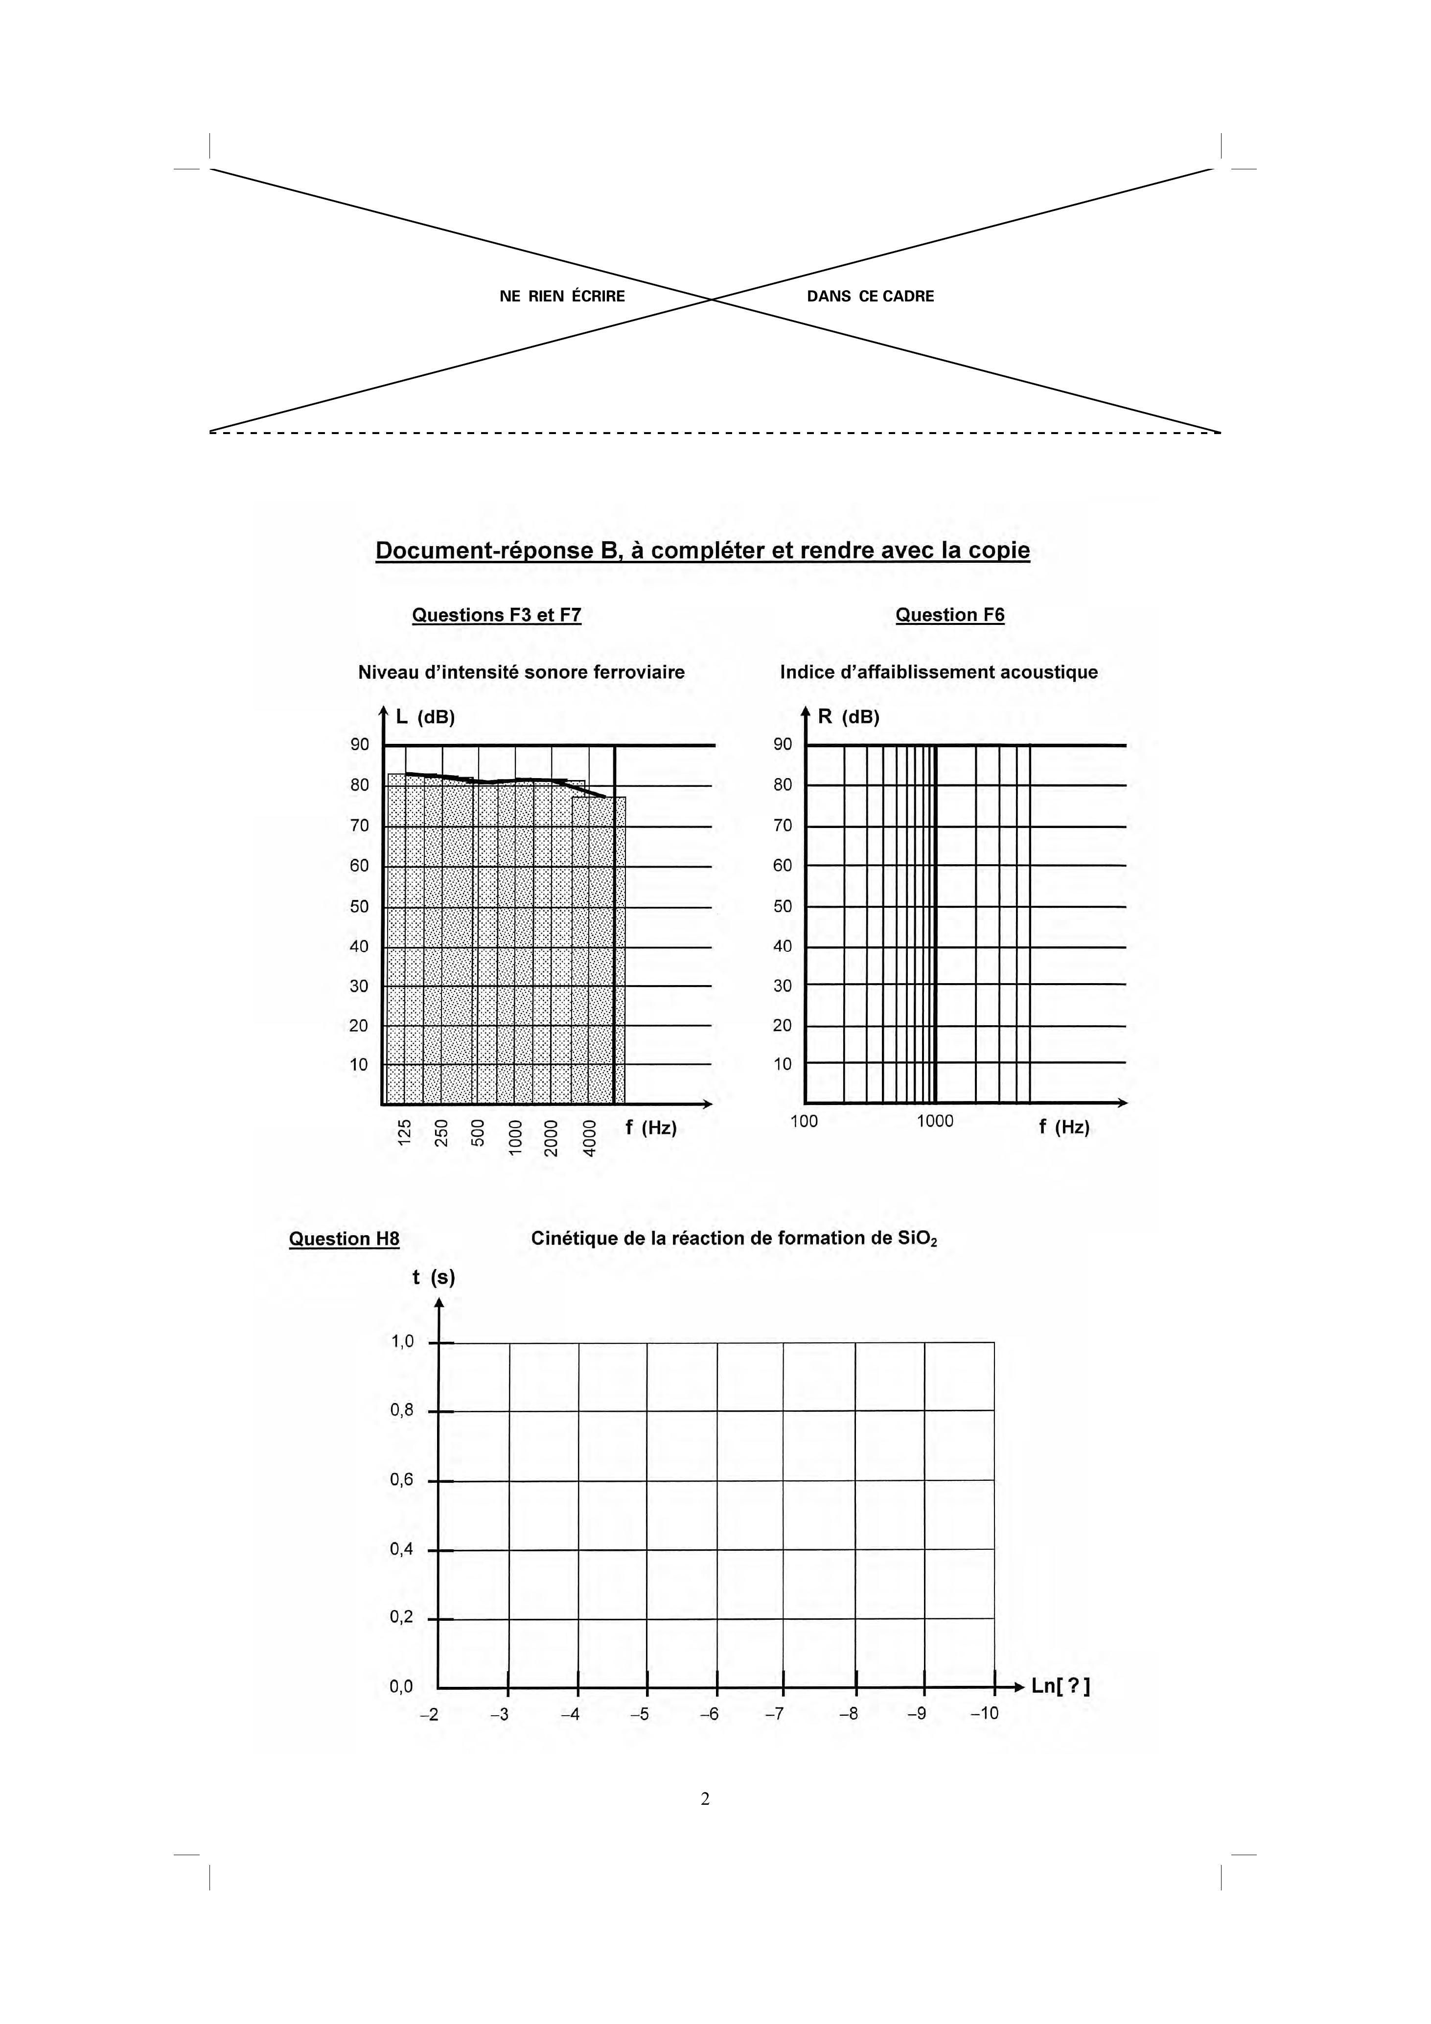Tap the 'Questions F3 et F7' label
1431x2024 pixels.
click(496, 615)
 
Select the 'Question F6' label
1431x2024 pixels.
click(949, 615)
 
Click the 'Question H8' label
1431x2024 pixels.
click(344, 1239)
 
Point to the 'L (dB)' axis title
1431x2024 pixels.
click(425, 717)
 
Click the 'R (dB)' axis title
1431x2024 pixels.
click(848, 717)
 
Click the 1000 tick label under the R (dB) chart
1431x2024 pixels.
click(935, 1121)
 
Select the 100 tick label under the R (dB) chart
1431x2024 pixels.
click(803, 1121)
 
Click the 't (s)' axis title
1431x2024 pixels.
click(433, 1277)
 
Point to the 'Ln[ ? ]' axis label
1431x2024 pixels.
click(1061, 1686)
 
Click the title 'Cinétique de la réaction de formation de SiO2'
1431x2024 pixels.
click(734, 1239)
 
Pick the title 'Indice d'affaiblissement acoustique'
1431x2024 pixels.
click(938, 672)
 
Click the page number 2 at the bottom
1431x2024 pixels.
click(704, 1799)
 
